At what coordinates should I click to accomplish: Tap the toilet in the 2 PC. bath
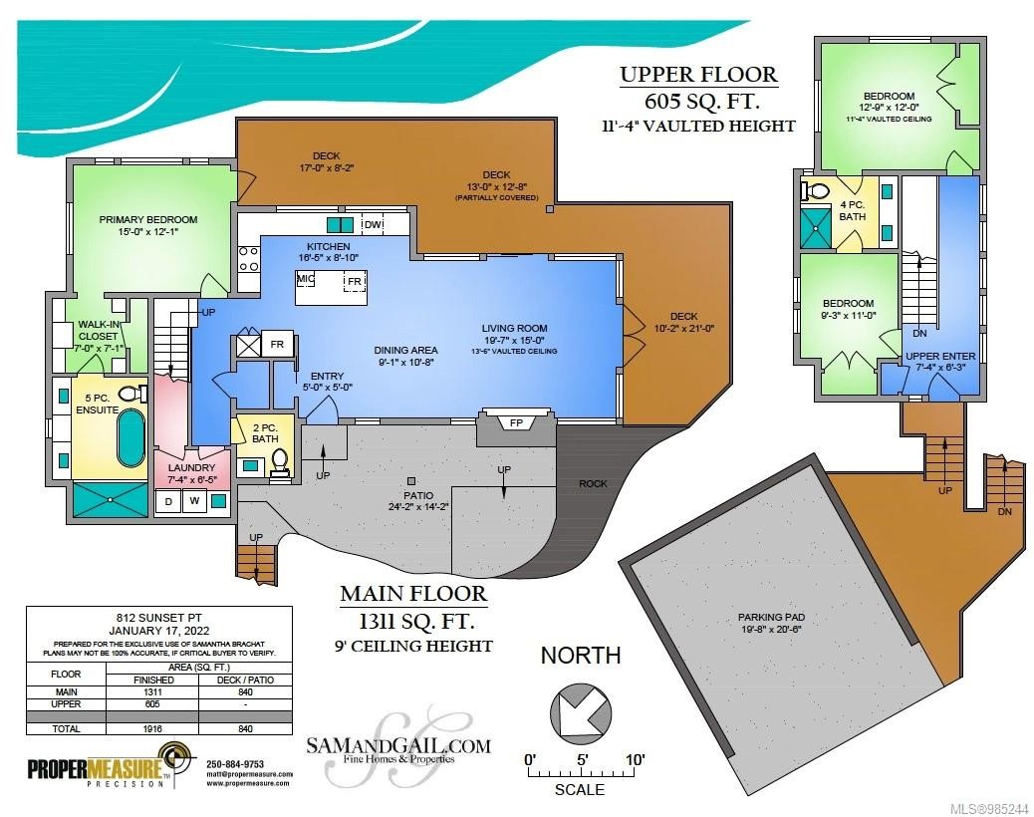pyautogui.click(x=280, y=460)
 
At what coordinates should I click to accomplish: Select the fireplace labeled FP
pyautogui.click(x=516, y=423)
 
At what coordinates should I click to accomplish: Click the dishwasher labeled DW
pyautogui.click(x=374, y=225)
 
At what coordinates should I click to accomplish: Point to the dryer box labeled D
pyautogui.click(x=170, y=502)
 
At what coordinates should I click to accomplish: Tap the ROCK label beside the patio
pyautogui.click(x=593, y=484)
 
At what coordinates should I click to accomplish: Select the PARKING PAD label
pyautogui.click(x=770, y=617)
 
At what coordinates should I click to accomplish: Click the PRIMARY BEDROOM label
pyautogui.click(x=148, y=220)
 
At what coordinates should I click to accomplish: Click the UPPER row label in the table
pyautogui.click(x=66, y=703)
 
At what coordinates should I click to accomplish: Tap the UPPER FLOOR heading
pyautogui.click(x=698, y=75)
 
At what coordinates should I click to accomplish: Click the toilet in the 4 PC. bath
pyautogui.click(x=817, y=190)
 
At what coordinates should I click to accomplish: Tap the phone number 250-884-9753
pyautogui.click(x=235, y=764)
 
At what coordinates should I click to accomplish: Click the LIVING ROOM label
pyautogui.click(x=514, y=329)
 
